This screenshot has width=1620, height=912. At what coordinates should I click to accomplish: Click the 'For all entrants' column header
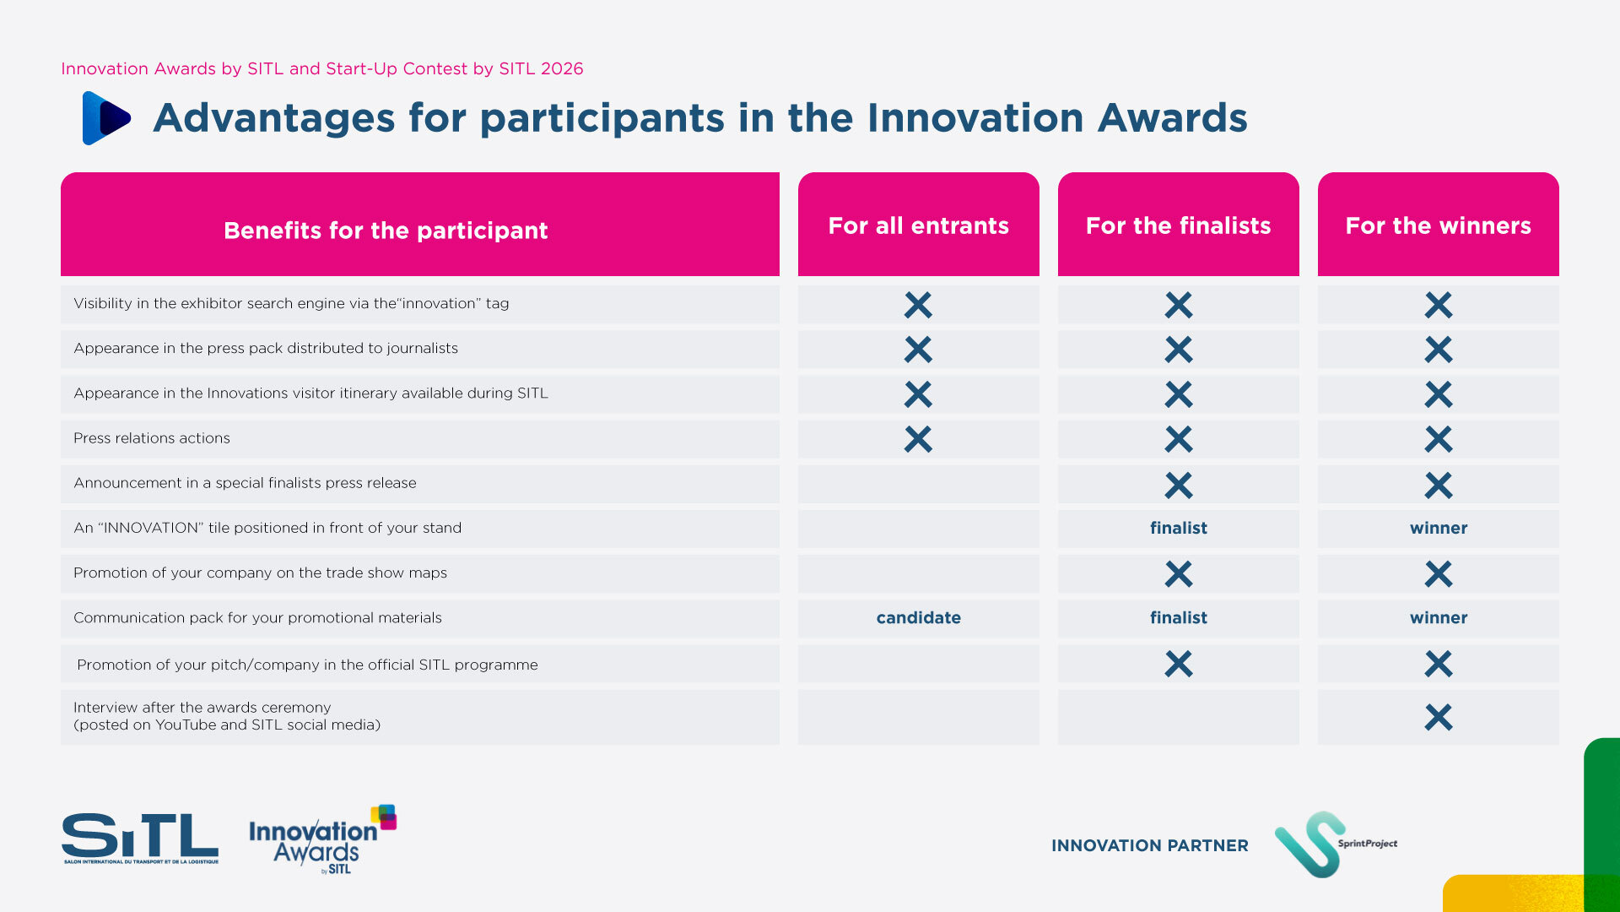(918, 225)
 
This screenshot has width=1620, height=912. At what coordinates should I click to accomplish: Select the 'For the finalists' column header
(1178, 225)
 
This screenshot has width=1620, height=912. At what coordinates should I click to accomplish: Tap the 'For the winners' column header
(1438, 225)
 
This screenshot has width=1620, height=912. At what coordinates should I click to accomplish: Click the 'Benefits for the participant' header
(386, 231)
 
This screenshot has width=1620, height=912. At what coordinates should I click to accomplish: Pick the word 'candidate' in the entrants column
(918, 617)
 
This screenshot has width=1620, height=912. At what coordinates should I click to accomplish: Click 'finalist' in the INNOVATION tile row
(1178, 528)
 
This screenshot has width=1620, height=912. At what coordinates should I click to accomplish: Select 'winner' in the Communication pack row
(1438, 617)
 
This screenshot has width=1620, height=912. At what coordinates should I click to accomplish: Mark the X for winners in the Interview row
(1438, 717)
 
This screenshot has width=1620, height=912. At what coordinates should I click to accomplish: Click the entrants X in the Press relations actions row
(918, 439)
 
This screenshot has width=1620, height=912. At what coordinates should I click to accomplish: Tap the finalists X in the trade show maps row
(1178, 574)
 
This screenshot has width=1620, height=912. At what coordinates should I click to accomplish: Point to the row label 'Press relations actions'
(152, 438)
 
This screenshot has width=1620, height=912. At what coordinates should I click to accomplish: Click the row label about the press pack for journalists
(266, 348)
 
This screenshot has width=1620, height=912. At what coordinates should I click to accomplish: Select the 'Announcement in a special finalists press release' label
(245, 483)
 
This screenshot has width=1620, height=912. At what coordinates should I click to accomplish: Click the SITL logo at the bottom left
(140, 838)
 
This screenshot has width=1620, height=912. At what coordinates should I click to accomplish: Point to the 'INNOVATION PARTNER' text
(1149, 845)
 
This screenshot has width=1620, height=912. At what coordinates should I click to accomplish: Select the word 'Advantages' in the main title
(274, 118)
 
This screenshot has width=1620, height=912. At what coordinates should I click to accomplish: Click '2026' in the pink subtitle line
(562, 68)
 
